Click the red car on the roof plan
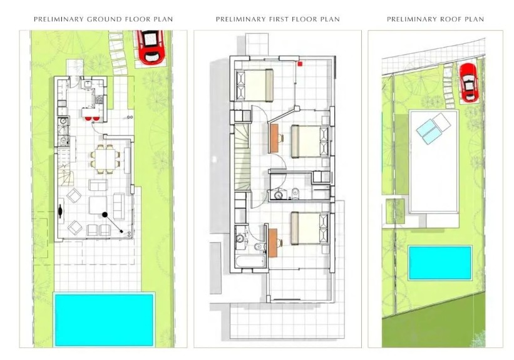coord(468,82)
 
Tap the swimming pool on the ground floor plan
coord(104,318)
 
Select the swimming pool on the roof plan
coord(439,262)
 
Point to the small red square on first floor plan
coord(300,63)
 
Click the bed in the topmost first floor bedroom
coord(255,84)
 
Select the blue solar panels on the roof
coord(433,128)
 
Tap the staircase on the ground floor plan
coord(66,166)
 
